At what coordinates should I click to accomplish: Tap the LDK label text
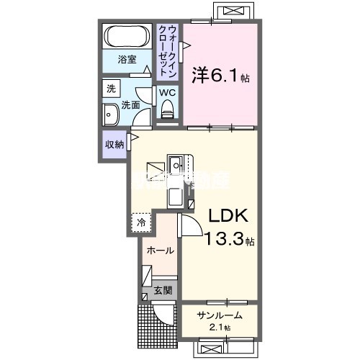[230, 217]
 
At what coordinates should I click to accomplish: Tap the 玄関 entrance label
[163, 291]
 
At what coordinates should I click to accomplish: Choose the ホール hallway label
[159, 251]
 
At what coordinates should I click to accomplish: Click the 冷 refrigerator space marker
[142, 222]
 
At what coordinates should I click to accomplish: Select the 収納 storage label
[114, 144]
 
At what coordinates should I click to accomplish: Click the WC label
[167, 93]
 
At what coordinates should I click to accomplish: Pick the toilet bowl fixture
[168, 110]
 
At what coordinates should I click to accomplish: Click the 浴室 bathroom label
[127, 60]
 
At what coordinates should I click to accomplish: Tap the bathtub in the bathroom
[127, 35]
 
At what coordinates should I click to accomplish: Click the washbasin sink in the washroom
[111, 114]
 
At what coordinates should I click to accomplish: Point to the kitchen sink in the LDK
[176, 195]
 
